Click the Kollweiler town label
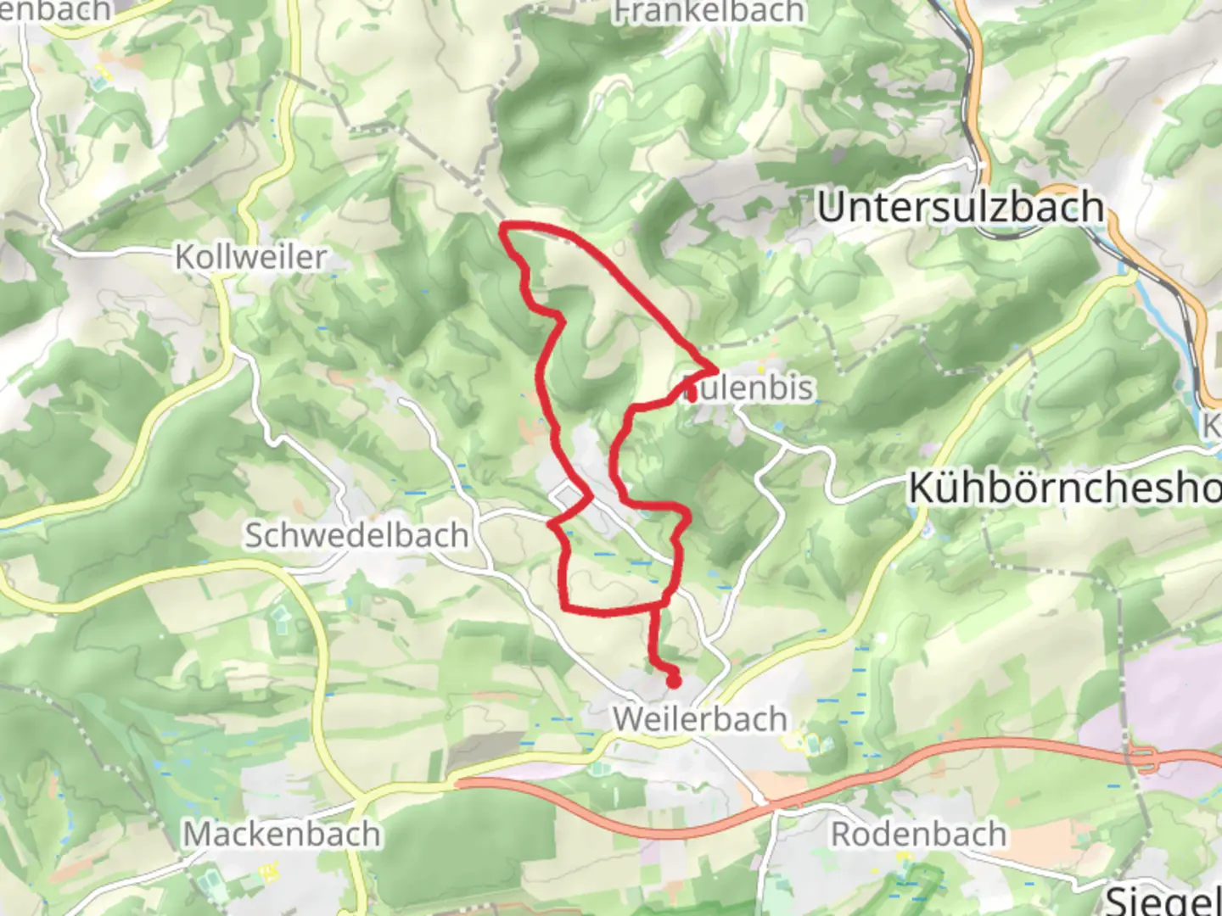[x=250, y=257]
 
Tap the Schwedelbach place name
[x=356, y=535]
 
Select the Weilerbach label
[x=700, y=719]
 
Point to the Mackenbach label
[x=282, y=834]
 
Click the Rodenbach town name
[x=918, y=834]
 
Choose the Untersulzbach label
[x=960, y=208]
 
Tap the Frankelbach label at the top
[x=709, y=12]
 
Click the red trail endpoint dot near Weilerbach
[x=674, y=680]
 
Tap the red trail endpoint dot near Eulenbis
[x=692, y=394]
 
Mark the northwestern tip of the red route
[x=505, y=226]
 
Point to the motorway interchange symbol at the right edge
[x=1147, y=758]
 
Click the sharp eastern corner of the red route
[x=715, y=370]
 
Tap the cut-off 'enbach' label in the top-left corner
[x=55, y=10]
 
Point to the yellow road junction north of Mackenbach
[x=362, y=798]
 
